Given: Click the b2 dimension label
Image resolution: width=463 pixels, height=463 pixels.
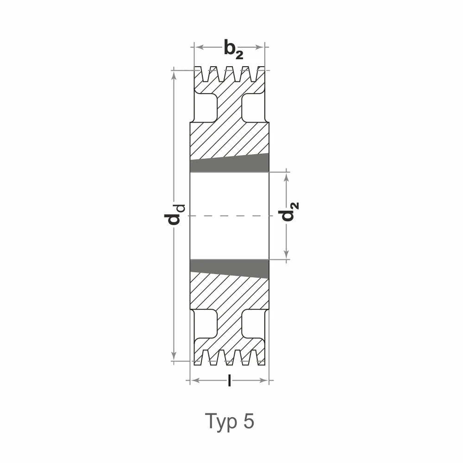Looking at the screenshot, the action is coord(233,49).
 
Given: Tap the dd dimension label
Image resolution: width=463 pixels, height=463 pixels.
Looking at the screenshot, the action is coord(175,214).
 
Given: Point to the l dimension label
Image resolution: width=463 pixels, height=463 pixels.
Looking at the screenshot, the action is coord(229,380).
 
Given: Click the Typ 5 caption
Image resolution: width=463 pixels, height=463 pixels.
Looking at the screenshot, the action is coord(230,422).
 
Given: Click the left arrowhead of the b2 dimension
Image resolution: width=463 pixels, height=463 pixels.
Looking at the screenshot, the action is coord(199,47).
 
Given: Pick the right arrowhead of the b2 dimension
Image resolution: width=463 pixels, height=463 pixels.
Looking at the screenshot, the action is coord(260,47).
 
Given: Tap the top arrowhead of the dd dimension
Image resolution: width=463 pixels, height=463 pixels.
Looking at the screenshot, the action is coord(174,75).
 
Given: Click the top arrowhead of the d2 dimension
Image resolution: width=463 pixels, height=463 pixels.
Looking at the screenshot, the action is coord(286,176).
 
